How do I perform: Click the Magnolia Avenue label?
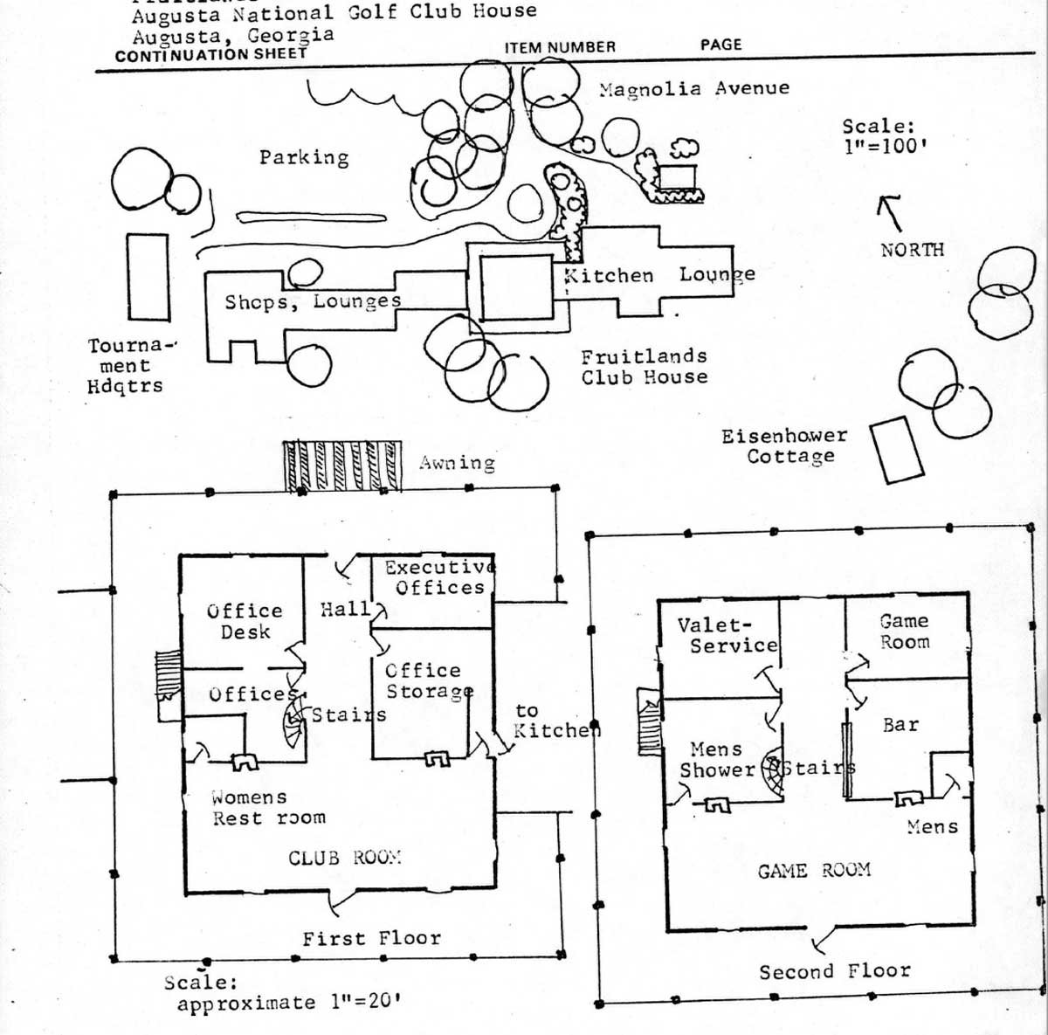pos(694,88)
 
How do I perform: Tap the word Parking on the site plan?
pos(304,157)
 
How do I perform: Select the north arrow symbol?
pos(890,211)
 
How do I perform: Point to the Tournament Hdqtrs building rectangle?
pos(148,276)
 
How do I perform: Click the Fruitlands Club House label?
pos(645,367)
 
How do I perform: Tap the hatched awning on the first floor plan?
pos(342,466)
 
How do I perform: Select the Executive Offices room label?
pos(439,577)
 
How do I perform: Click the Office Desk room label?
pos(245,621)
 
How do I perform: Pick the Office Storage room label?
pos(429,680)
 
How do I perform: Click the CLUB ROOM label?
pos(344,858)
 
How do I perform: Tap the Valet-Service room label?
pos(727,635)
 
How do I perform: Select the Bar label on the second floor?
pos(900,725)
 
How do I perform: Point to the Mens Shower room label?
pos(717,760)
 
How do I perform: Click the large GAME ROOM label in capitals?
pos(814,870)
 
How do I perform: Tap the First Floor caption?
pos(371,939)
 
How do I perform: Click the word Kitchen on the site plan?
pos(609,276)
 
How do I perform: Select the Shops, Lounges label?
pos(313,302)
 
